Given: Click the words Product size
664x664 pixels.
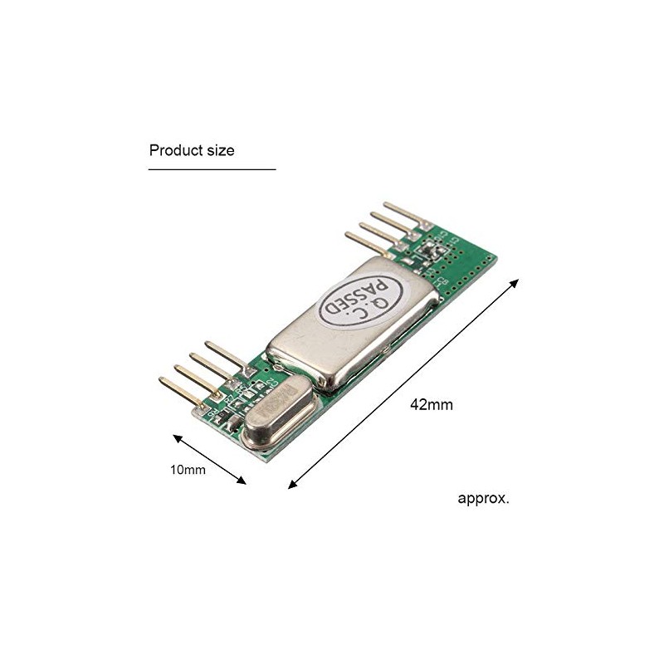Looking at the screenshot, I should pos(192,150).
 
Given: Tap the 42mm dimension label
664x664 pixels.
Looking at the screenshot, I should pos(431,405).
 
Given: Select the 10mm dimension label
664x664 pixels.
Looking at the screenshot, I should pos(188,470).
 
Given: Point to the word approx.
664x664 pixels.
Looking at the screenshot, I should pos(484,499).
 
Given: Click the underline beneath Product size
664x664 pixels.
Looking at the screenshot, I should pos(212,169).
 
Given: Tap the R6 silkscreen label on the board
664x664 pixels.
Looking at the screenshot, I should pos(214,410).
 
